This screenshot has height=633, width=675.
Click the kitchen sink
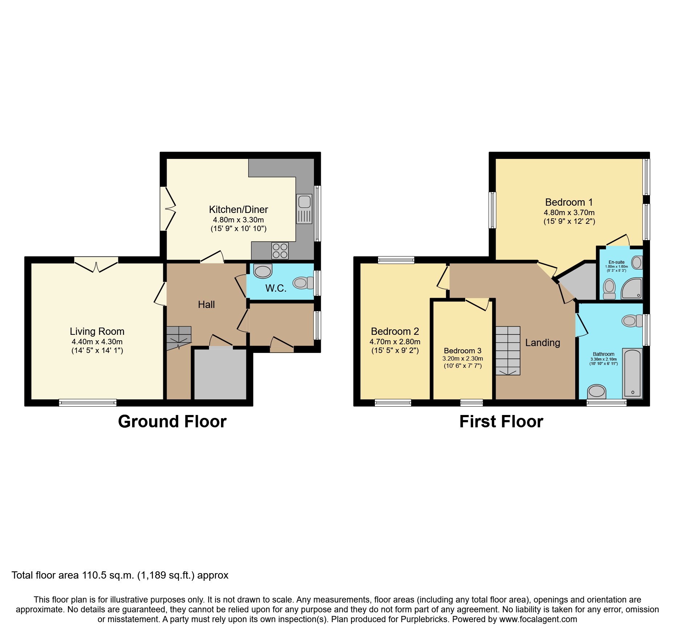click(304, 209)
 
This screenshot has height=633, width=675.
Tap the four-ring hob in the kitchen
click(280, 251)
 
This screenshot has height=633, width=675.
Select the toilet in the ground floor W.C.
click(303, 283)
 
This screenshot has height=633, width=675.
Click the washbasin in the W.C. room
click(263, 271)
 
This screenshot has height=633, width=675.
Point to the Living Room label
click(97, 331)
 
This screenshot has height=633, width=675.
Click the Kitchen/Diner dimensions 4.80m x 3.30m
click(238, 220)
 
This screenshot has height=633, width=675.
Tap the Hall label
click(206, 305)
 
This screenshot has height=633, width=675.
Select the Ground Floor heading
click(172, 422)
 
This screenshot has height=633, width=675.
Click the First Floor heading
click(501, 422)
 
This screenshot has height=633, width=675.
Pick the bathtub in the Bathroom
click(633, 373)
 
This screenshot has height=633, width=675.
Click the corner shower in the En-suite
click(632, 289)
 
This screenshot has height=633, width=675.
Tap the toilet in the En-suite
click(609, 289)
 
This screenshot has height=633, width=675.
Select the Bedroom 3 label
click(462, 351)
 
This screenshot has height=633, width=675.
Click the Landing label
click(543, 343)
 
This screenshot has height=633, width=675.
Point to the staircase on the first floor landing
click(508, 350)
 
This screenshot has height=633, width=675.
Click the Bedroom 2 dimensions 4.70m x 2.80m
click(395, 342)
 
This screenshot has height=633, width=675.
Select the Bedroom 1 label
click(569, 202)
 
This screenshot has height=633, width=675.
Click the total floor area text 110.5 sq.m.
click(120, 575)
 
